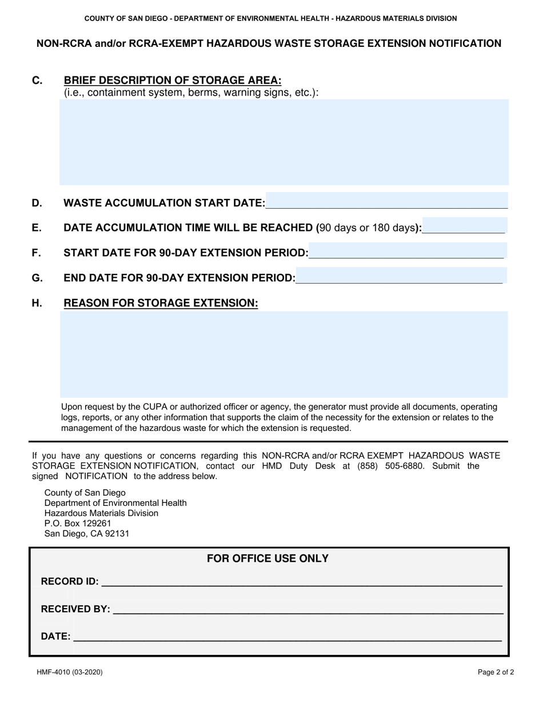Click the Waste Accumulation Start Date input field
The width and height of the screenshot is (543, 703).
point(386,202)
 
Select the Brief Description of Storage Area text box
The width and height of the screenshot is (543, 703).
point(284,142)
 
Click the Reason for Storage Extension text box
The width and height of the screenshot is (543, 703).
point(284,354)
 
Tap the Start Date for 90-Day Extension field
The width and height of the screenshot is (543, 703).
point(406,251)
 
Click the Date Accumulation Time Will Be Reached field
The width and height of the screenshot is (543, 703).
point(464,227)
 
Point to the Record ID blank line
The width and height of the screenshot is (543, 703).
point(301,582)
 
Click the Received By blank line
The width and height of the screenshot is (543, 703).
point(308,609)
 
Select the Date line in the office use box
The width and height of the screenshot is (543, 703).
point(288,636)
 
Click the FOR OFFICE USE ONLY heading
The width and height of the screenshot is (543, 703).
point(267,558)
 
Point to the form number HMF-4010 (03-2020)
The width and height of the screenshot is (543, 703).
point(70,673)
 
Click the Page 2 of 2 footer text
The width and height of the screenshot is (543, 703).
point(496,673)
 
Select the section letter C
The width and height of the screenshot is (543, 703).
point(37,81)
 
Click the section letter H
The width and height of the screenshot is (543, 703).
point(37,303)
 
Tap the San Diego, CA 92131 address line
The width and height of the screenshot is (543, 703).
point(87,534)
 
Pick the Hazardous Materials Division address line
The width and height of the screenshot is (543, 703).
point(101,513)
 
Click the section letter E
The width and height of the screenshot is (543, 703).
point(37,227)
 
